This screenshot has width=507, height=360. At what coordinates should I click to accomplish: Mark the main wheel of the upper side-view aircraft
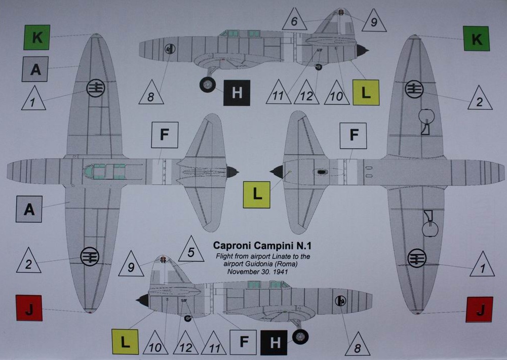tap(208, 85)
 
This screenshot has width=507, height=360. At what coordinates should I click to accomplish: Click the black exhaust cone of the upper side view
tap(362, 50)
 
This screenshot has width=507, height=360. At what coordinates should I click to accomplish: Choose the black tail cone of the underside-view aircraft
tap(277, 172)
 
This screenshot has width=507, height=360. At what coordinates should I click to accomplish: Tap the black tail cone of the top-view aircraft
tap(231, 172)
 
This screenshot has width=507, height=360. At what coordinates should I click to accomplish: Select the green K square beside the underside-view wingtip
tap(476, 38)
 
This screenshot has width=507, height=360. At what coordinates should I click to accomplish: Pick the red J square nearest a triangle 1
tap(479, 309)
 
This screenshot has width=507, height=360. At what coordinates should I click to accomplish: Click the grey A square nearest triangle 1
tap(35, 69)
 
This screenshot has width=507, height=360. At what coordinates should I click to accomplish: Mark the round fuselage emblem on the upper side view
tap(170, 49)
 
